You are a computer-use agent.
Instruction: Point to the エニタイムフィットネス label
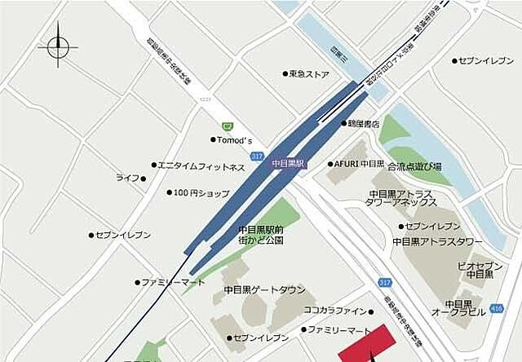coord(201,167)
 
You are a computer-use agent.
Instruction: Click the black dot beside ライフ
coord(144,178)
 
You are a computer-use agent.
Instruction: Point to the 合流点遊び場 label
coord(414,166)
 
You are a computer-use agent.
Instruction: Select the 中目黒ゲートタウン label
coord(264,289)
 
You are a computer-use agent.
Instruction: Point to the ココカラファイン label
coord(335,311)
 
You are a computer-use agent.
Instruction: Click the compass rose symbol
coord(59,46)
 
